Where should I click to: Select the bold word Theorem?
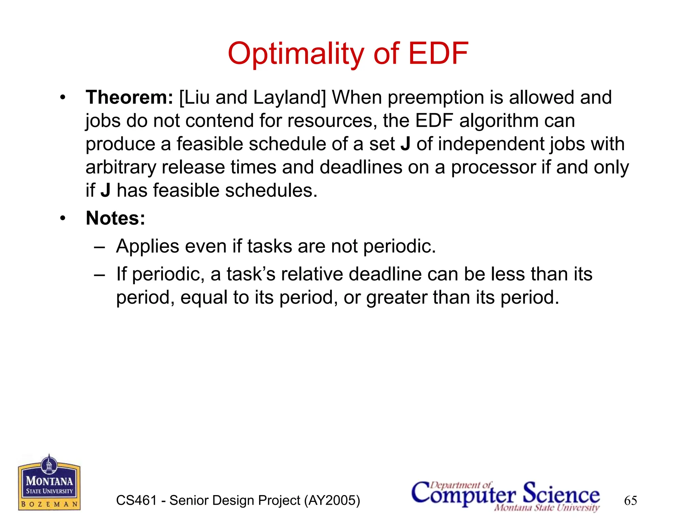129,97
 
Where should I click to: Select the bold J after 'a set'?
405,144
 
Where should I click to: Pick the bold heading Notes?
115,218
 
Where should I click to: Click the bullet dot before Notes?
62,218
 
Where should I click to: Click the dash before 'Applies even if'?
99,247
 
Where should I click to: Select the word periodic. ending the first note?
399,247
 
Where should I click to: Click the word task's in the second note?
251,274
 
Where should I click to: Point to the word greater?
396,298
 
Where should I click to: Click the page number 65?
630,501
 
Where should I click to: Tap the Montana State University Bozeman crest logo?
49,483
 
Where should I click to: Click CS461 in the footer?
136,501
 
